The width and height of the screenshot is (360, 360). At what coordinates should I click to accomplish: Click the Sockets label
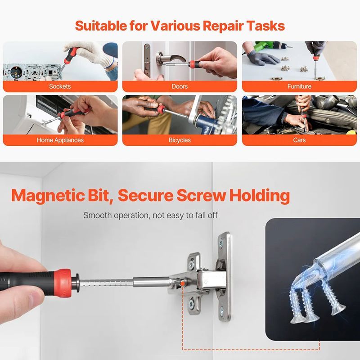60,86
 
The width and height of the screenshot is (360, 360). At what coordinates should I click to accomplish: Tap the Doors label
180,86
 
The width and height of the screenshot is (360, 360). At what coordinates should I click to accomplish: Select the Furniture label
299,86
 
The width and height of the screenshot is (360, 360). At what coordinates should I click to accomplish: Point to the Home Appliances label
60,140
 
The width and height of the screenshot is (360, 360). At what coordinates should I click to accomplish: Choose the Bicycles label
180,140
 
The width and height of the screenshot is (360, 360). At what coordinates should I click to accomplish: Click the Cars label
299,140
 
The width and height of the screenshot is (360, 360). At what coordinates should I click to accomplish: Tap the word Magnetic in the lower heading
48,196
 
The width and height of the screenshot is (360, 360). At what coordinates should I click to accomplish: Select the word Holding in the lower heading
260,196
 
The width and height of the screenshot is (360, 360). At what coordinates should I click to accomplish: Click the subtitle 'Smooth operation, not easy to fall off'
150,216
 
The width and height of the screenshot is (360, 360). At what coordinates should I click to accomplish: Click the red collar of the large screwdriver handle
63,283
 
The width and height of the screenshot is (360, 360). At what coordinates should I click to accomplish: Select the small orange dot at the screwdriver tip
182,284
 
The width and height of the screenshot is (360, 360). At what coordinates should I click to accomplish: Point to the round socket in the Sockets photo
16,72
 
